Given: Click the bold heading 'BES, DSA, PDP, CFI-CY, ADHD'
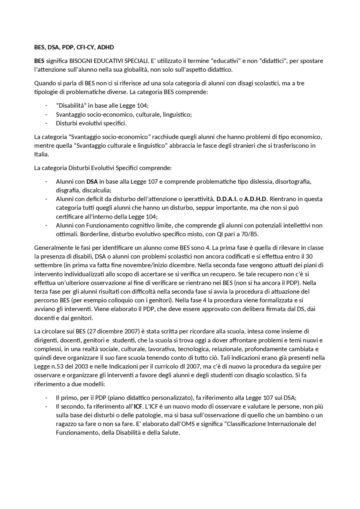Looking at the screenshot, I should pos(74,47).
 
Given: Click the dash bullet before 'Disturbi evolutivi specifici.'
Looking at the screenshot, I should pos(46,123).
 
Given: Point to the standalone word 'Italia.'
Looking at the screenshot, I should pos(42,154).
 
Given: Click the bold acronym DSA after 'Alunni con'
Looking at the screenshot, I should pos(92,182).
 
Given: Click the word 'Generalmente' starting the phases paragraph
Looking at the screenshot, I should pos(51,248).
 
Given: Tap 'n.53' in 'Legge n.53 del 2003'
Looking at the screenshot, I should pos(55,367).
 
